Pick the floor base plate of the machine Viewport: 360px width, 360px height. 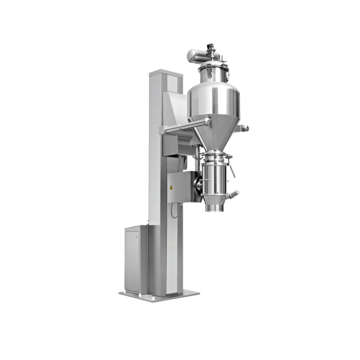159,296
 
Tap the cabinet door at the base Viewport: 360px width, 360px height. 133,260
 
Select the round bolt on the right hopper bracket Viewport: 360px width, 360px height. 246,128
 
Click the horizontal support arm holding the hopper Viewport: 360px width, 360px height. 185,127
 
